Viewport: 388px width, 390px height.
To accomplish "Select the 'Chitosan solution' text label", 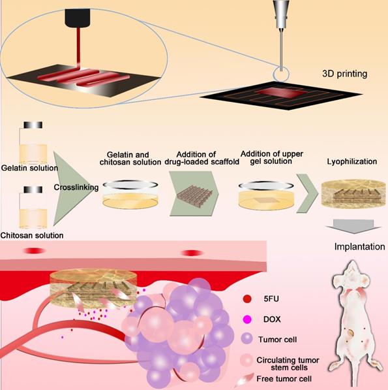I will (28, 235).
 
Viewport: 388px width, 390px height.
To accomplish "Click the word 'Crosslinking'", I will (77, 187).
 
